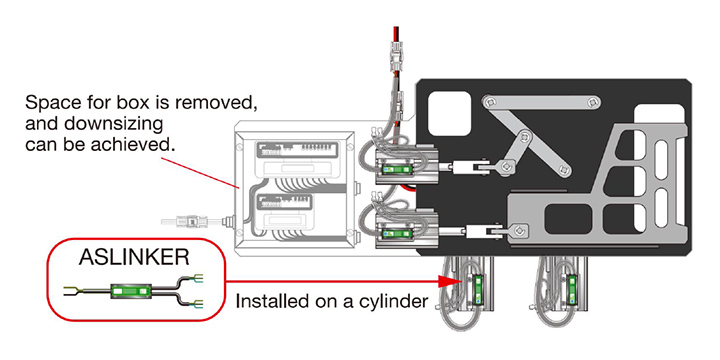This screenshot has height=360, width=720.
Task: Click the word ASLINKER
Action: (134, 258)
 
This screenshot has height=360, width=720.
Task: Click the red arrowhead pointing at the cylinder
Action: (449, 281)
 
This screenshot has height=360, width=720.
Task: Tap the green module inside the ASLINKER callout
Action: (131, 291)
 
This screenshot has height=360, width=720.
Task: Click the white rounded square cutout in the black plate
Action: (449, 113)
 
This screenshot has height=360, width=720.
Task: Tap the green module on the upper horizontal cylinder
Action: (397, 170)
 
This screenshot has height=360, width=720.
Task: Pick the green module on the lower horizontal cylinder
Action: (397, 234)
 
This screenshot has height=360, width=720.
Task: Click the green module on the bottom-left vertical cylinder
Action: (478, 289)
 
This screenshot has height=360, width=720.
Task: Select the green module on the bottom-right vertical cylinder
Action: (572, 289)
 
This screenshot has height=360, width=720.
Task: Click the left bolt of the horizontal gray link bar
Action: (492, 101)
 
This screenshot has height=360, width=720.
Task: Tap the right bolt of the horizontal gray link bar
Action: (591, 101)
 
